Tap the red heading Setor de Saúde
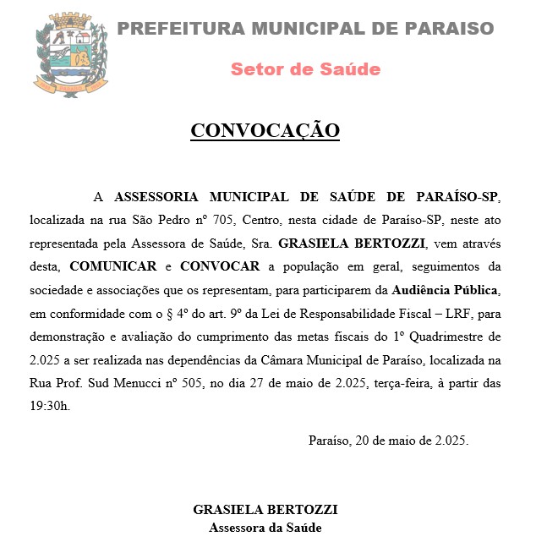tap(305, 69)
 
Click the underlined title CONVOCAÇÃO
tap(265, 131)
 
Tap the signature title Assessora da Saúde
tap(265, 528)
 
